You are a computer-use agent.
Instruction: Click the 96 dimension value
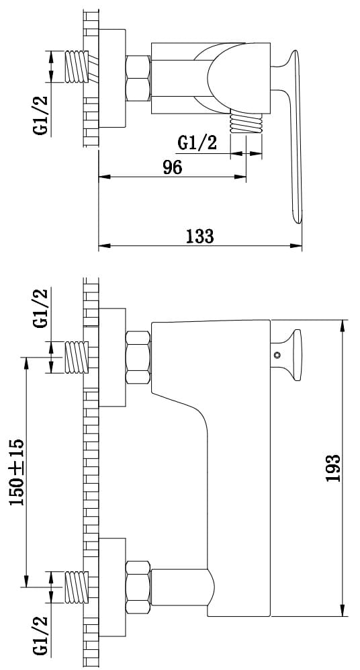173,167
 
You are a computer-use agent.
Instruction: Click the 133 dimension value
200,236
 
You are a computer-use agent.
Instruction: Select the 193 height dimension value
333,468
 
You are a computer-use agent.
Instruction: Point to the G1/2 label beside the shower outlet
197,142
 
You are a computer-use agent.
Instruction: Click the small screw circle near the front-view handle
277,355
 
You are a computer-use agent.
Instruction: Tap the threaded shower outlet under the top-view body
246,124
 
